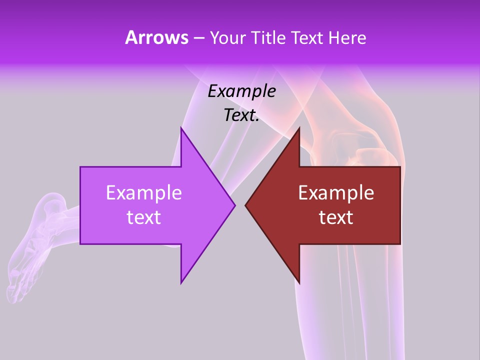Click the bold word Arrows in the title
[156, 38]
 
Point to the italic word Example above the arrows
[241, 91]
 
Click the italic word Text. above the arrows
[241, 115]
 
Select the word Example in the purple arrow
[143, 193]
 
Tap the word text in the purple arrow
[143, 217]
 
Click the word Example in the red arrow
[336, 193]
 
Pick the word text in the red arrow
[336, 217]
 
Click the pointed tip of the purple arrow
[234, 205]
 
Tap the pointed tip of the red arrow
[245, 205]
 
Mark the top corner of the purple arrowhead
[181, 128]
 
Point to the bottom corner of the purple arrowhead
[181, 282]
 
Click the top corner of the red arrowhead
[299, 128]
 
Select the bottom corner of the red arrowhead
[299, 282]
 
